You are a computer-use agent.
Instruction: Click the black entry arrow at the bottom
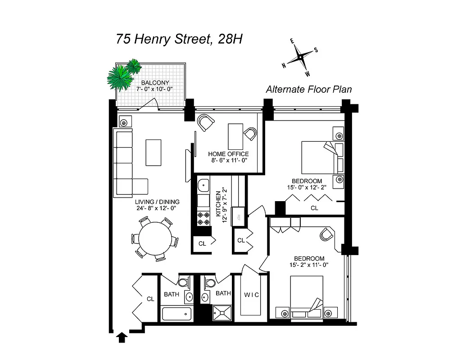(x=121, y=337)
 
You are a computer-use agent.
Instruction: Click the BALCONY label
(x=155, y=83)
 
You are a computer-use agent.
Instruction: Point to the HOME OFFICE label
(x=228, y=154)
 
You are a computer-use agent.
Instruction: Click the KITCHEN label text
(x=218, y=204)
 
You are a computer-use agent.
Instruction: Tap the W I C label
(x=251, y=295)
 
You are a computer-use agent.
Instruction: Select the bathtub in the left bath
(x=176, y=312)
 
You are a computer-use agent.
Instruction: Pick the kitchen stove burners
(x=204, y=217)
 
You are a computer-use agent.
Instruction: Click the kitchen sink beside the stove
(x=204, y=184)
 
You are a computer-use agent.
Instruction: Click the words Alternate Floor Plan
(x=308, y=90)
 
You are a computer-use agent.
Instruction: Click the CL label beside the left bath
(x=150, y=299)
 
